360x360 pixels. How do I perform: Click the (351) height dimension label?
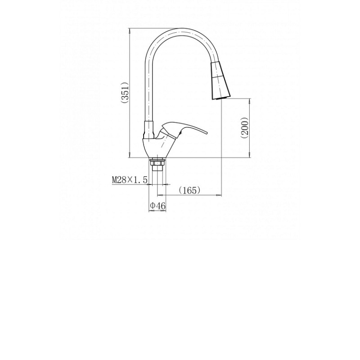(x=126, y=93)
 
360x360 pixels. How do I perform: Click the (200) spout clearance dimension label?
(x=245, y=128)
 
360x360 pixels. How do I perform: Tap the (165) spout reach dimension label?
(x=189, y=190)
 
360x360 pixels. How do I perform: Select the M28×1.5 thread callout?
(x=130, y=180)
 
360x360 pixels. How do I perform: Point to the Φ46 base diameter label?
(x=157, y=206)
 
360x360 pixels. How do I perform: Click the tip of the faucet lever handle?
(x=207, y=133)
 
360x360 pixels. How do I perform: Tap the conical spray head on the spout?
(x=220, y=81)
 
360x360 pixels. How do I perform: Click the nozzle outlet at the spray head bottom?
(x=220, y=98)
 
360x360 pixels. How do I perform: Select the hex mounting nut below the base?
(x=157, y=162)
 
